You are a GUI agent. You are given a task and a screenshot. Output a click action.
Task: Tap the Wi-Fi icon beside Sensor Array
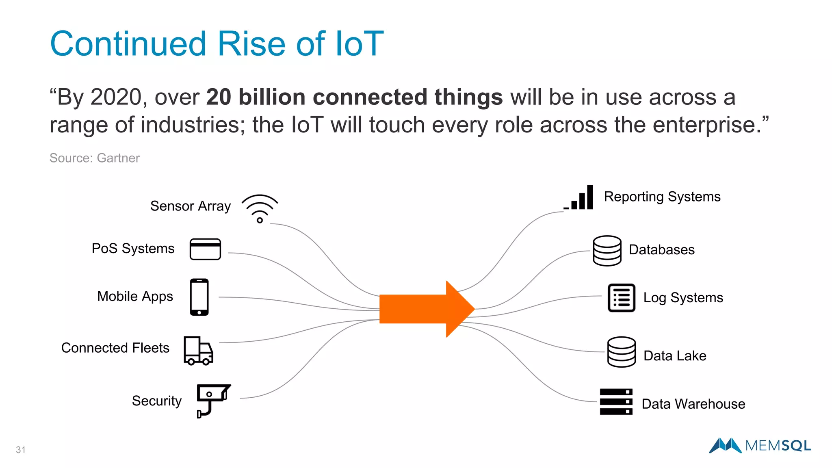(x=260, y=208)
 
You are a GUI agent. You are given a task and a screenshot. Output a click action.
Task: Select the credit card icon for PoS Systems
(x=205, y=249)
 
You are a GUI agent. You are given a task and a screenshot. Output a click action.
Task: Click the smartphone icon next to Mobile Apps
(x=199, y=297)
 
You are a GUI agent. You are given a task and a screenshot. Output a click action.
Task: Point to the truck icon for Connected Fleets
(x=198, y=351)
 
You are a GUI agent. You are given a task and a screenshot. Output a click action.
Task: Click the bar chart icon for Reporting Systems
(x=580, y=198)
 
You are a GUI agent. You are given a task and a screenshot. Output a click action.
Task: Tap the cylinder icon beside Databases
(x=607, y=251)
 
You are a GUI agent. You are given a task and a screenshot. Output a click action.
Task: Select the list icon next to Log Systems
(x=621, y=298)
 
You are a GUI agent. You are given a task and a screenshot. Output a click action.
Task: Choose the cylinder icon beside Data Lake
(x=621, y=352)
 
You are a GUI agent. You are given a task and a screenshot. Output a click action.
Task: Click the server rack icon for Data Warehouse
(x=616, y=401)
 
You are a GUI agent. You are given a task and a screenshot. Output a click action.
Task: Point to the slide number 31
(x=21, y=450)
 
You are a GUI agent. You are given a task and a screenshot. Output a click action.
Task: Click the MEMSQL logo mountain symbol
(x=725, y=445)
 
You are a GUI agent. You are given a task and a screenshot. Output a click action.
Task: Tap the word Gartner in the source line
(x=118, y=158)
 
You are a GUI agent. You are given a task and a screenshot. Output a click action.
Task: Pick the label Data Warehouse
(x=693, y=404)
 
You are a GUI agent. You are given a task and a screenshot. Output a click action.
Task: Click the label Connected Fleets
(x=115, y=348)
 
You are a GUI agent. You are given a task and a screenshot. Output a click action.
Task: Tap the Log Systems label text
(x=683, y=298)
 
